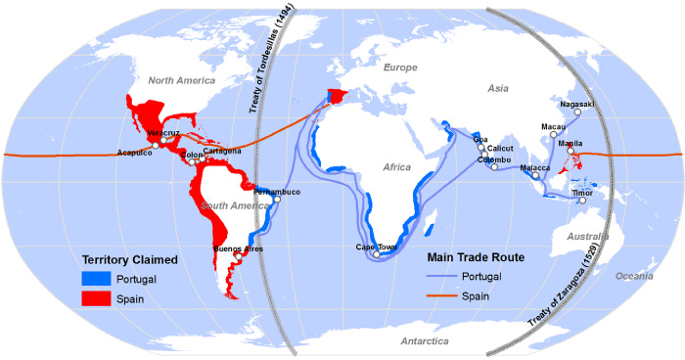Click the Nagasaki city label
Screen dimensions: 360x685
point(576,104)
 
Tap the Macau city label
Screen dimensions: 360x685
point(553,126)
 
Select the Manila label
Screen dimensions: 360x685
point(570,144)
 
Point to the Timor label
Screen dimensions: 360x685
point(583,193)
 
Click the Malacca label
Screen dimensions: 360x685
point(534,167)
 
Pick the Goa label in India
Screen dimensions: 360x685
point(479,139)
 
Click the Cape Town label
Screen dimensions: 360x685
point(376,247)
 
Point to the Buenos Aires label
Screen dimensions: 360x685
point(239,249)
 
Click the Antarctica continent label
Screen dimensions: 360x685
point(424,340)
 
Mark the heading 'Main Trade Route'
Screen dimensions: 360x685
point(477,257)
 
